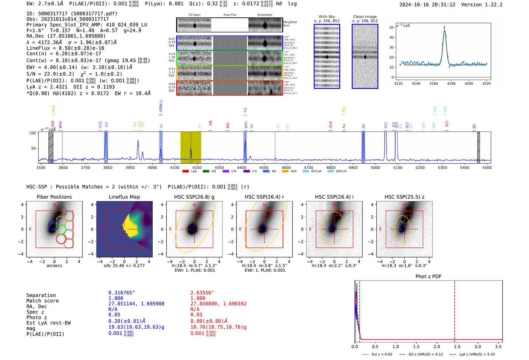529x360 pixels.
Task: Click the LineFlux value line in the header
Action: (65, 48)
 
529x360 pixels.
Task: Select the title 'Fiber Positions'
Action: (54, 197)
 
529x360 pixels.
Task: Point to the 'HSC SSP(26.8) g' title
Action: (194, 197)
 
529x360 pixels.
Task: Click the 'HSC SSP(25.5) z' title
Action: (404, 197)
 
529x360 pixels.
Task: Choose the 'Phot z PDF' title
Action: (428, 277)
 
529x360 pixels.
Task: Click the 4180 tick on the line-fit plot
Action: (451, 83)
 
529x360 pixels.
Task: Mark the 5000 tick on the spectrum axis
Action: (375, 168)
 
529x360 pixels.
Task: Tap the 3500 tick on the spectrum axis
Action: (41, 168)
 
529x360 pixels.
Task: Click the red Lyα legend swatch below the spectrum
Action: (186, 171)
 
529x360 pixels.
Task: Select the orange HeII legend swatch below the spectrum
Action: (285, 171)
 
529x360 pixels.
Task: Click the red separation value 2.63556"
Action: (202, 293)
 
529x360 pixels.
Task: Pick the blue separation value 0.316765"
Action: (121, 293)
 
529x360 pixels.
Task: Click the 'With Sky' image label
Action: (326, 17)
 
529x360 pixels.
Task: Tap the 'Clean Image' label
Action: (365, 17)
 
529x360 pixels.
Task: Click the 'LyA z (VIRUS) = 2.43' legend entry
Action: (476, 354)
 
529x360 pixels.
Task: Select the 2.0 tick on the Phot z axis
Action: (437, 346)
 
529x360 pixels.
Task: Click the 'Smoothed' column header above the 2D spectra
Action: (264, 15)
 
